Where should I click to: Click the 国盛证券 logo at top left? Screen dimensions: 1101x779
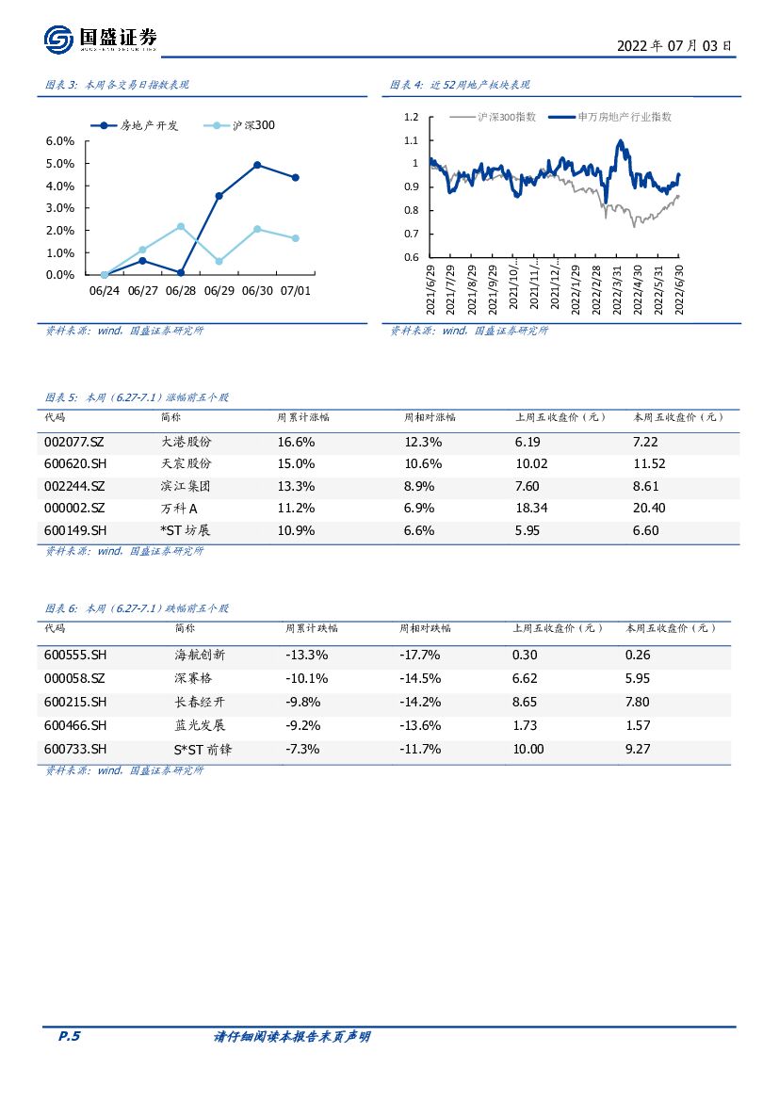click(x=100, y=39)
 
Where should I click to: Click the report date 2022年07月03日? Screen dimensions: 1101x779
click(x=673, y=45)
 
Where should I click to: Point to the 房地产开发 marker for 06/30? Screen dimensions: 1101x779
click(x=257, y=165)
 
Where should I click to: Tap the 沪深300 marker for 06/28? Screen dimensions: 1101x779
click(x=181, y=226)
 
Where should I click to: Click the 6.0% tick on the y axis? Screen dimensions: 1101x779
click(x=60, y=141)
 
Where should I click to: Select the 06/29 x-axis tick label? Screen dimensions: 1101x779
click(x=219, y=291)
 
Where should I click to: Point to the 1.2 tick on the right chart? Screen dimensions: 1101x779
click(x=410, y=118)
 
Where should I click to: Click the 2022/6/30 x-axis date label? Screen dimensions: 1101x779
click(x=679, y=292)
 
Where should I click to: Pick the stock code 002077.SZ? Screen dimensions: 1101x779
click(x=74, y=442)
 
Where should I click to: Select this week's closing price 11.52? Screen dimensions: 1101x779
click(x=649, y=464)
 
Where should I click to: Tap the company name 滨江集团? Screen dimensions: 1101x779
click(x=186, y=486)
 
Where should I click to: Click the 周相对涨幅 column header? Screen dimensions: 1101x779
click(x=430, y=416)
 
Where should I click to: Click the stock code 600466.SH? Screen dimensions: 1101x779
click(x=75, y=725)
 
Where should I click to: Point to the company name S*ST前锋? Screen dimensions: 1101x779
click(x=200, y=749)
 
